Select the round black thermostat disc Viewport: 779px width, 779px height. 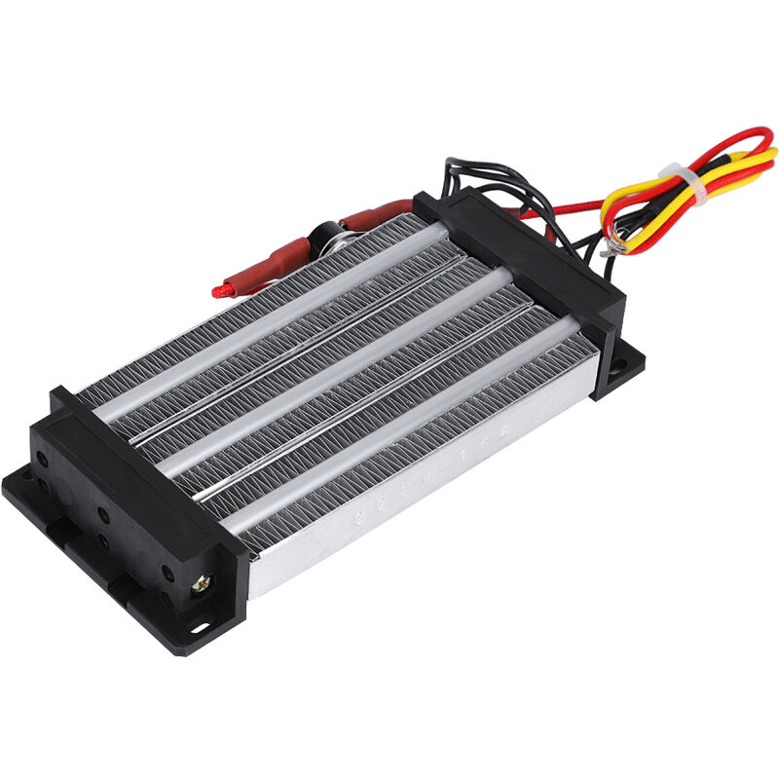tap(324, 237)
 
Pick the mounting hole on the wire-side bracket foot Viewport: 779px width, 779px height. tap(617, 367)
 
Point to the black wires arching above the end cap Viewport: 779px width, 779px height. tap(487, 175)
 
